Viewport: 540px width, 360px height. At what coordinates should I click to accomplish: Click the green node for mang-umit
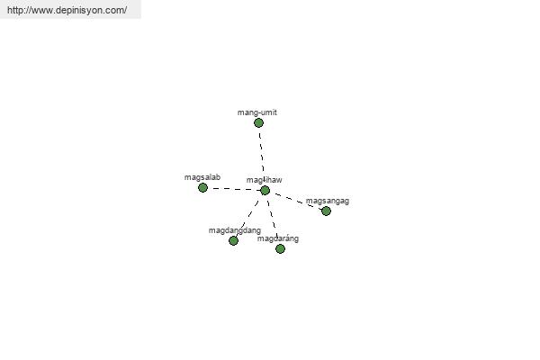(x=258, y=123)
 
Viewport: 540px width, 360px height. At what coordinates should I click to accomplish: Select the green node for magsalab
(x=202, y=188)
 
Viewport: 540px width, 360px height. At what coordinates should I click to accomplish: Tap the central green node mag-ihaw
(x=265, y=191)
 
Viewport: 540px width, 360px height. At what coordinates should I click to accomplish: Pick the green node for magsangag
(x=326, y=211)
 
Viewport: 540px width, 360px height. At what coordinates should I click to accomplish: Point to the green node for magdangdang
(x=233, y=240)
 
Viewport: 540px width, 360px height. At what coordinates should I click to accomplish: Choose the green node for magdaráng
(x=280, y=248)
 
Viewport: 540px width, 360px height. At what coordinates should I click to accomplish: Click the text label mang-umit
(x=257, y=112)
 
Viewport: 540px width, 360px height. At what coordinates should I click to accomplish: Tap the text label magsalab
(x=202, y=177)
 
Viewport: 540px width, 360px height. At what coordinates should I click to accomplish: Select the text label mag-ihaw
(x=264, y=180)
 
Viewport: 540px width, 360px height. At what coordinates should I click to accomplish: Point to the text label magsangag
(x=328, y=201)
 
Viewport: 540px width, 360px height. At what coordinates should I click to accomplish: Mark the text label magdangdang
(x=235, y=230)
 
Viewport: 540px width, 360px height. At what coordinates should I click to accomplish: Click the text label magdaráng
(x=278, y=238)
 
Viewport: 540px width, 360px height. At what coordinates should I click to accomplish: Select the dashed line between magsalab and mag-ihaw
(x=234, y=189)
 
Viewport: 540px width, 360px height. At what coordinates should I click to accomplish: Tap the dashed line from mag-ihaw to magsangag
(x=295, y=201)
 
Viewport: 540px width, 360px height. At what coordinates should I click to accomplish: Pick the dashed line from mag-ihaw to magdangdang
(x=249, y=216)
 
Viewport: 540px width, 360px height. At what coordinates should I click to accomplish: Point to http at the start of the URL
(x=15, y=10)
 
